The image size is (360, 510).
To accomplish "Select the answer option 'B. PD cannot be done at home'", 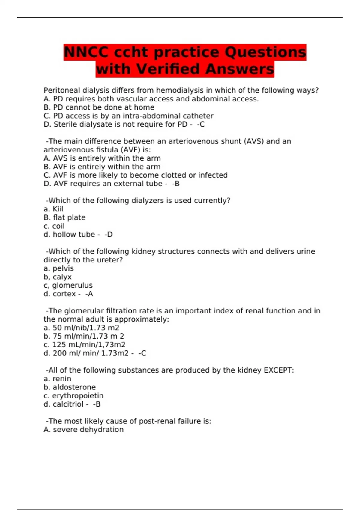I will [x=99, y=107].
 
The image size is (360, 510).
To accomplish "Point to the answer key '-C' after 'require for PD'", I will [x=201, y=124].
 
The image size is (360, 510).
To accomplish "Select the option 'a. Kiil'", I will [x=53, y=209].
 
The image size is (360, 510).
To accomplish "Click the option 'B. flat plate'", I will [x=64, y=217].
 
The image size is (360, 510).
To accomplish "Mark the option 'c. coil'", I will [x=54, y=226].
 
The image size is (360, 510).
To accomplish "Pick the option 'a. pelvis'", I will [x=58, y=268].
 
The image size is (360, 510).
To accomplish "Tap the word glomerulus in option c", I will [x=72, y=285].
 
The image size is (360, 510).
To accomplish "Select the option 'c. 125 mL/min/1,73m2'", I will [x=84, y=345].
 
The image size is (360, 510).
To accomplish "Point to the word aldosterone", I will [x=74, y=387].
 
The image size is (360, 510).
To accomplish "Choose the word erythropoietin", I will [x=78, y=396].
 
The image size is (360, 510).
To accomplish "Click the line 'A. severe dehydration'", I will [x=83, y=430].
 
